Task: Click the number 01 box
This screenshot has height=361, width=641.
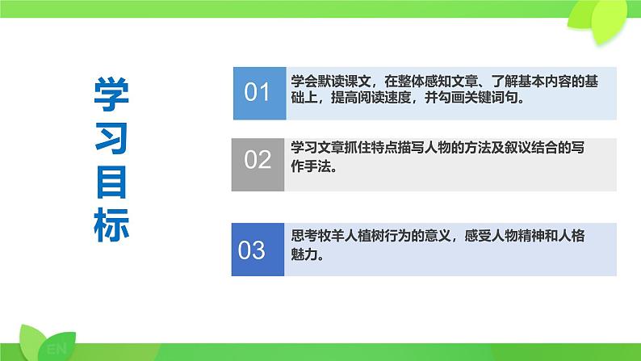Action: pyautogui.click(x=257, y=91)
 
